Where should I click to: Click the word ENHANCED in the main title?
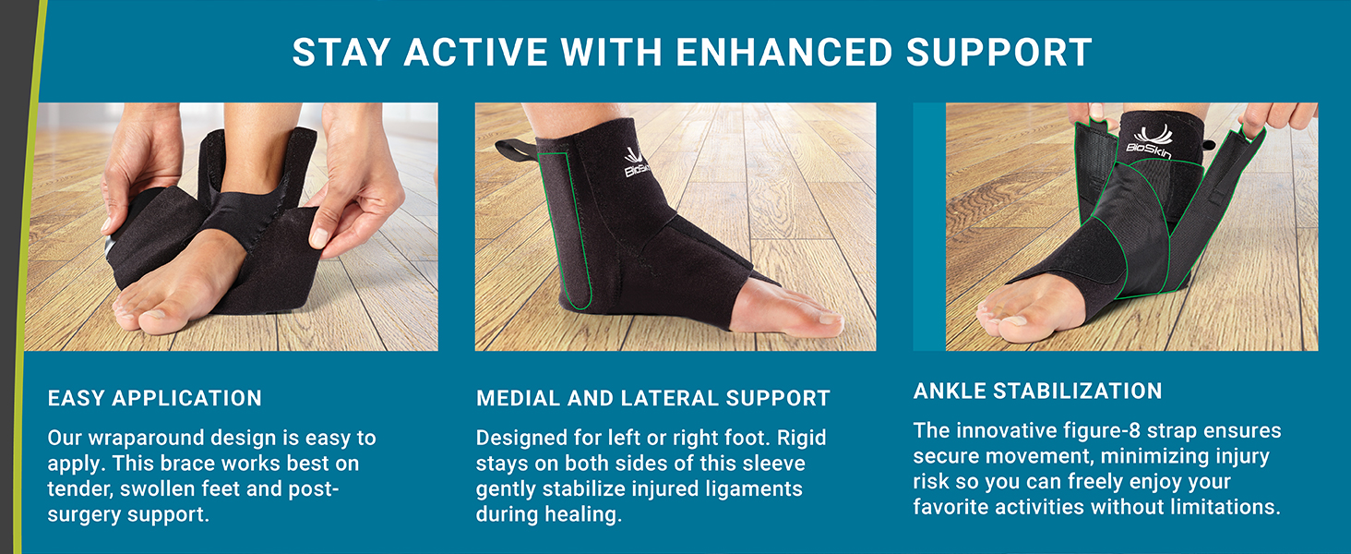783,53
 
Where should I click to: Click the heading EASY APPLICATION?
155,398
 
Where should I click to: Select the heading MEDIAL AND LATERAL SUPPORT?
653,399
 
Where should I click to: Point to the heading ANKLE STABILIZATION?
1038,391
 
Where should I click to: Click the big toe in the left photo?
134,316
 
